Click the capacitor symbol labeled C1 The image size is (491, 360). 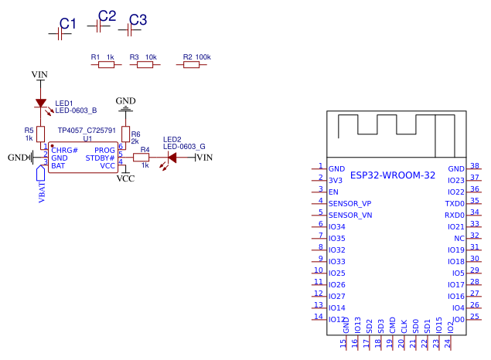(60, 34)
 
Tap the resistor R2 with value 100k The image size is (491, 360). (191, 66)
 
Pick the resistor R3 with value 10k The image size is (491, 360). (145, 66)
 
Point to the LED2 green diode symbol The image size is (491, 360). (172, 158)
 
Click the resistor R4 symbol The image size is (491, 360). (141, 158)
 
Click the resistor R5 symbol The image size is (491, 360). (40, 134)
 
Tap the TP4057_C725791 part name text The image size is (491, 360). (87, 131)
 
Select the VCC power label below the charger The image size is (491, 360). (125, 178)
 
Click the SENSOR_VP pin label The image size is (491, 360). (349, 203)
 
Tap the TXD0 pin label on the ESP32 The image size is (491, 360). (455, 203)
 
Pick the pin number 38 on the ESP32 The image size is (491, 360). (475, 165)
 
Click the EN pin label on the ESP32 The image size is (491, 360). (333, 192)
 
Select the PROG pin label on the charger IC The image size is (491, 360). (104, 150)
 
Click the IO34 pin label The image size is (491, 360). (336, 226)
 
